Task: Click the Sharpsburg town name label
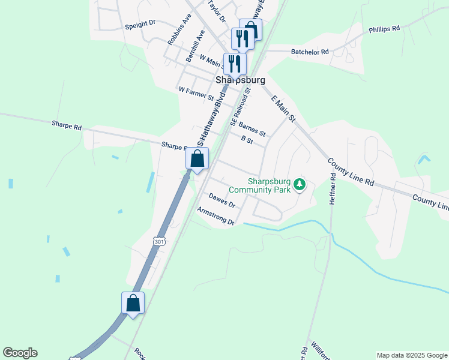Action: tap(240, 80)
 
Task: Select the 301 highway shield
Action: tap(158, 241)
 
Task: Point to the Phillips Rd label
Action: tap(384, 29)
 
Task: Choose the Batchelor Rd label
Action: tap(310, 52)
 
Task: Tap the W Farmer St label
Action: tap(196, 92)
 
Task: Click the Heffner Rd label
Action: tap(331, 190)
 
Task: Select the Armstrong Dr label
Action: tap(215, 216)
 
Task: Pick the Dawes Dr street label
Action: tap(221, 200)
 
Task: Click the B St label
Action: tap(247, 139)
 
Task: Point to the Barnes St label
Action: tap(252, 128)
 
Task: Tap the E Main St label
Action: tap(284, 109)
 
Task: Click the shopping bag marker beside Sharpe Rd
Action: tap(198, 159)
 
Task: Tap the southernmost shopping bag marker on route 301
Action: tap(133, 303)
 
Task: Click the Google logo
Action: tap(20, 353)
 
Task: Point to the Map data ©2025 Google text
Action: tap(412, 355)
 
